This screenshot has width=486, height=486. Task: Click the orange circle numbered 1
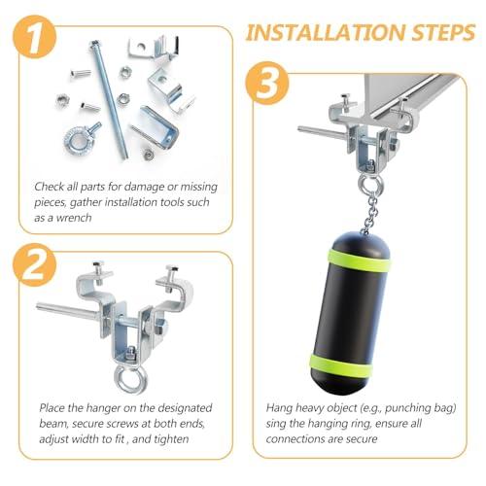click(x=35, y=37)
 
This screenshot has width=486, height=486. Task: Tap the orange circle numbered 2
click(x=35, y=265)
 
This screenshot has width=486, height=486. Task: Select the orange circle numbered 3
click(x=266, y=84)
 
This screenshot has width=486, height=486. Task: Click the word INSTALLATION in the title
click(x=326, y=32)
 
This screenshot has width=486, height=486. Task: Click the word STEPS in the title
click(x=444, y=32)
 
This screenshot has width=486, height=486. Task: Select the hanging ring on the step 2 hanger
click(x=130, y=380)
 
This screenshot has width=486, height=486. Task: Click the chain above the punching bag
click(x=369, y=214)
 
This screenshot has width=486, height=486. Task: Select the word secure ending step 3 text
click(x=362, y=439)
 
